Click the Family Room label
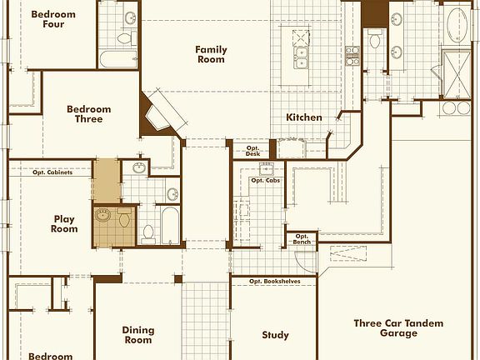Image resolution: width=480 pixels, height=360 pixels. (211, 54)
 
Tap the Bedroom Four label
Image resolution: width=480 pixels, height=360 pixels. (53, 19)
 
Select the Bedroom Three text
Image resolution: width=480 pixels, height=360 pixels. (89, 114)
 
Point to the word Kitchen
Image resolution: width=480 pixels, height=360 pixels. (304, 117)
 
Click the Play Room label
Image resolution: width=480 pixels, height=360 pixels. (64, 224)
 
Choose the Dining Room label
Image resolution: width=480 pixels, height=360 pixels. (138, 335)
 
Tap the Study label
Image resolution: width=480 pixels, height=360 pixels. (275, 335)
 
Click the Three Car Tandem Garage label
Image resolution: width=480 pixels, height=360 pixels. (398, 327)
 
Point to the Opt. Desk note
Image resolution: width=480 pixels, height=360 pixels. (252, 151)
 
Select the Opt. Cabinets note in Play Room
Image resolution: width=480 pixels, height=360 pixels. (52, 172)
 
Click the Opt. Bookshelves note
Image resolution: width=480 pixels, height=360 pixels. (275, 282)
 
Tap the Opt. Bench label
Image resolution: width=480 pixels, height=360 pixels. (302, 239)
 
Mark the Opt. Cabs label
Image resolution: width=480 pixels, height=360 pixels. (265, 181)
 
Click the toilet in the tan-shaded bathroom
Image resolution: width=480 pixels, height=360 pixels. (124, 217)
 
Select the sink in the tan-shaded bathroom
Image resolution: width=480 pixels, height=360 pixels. (102, 215)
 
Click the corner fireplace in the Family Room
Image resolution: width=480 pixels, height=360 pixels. (162, 113)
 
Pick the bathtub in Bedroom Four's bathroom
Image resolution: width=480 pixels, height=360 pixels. (118, 59)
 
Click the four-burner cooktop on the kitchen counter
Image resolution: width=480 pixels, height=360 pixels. (352, 55)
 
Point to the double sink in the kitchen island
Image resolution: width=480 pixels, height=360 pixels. (301, 58)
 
